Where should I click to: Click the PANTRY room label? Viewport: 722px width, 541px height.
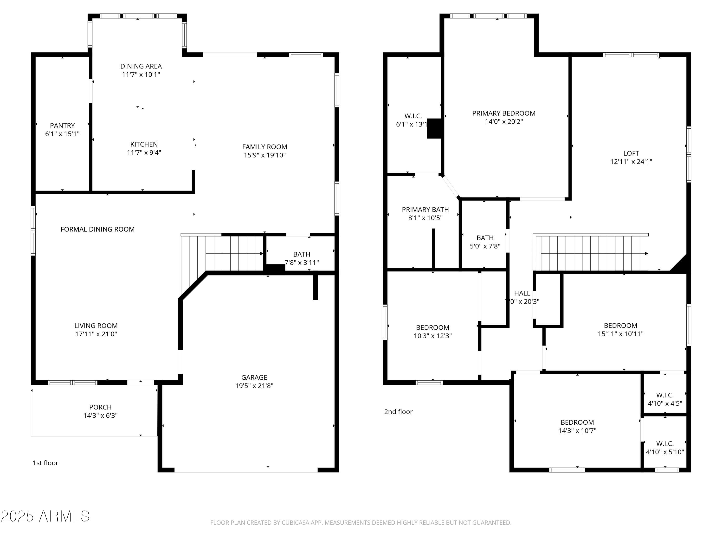[x=62, y=126]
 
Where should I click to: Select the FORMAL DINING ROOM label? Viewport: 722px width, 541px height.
[x=98, y=229]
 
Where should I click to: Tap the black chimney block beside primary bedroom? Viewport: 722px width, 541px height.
[x=434, y=128]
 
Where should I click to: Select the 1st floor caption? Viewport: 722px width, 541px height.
[x=45, y=463]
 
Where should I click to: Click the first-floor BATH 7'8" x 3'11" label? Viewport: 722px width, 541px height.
[x=301, y=254]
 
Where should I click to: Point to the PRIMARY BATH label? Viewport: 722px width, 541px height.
[x=425, y=210]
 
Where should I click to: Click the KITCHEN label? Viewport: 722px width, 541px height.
[x=144, y=145]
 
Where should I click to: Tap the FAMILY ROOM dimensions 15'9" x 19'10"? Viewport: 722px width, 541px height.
[x=264, y=155]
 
